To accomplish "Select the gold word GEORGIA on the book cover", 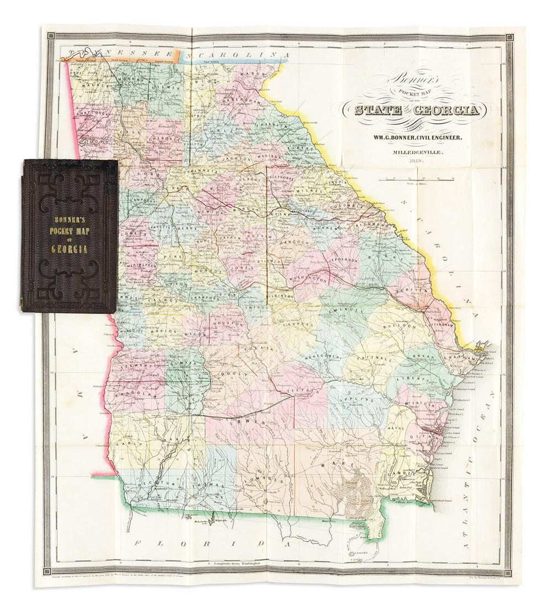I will (x=70, y=249).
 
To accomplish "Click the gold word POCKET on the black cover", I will (x=69, y=216).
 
